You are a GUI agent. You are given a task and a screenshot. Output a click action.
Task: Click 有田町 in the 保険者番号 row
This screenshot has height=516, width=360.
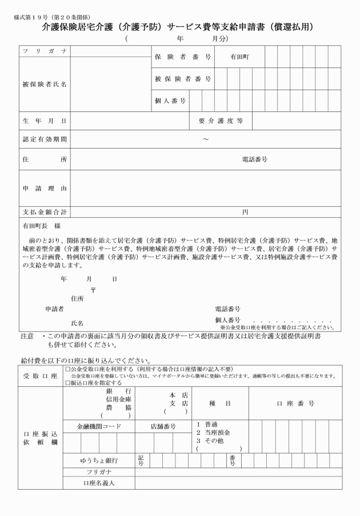(x=239, y=57)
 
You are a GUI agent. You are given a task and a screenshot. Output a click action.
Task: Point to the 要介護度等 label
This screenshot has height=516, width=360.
(x=221, y=121)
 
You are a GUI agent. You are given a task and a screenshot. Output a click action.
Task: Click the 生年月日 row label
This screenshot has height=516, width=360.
(x=44, y=121)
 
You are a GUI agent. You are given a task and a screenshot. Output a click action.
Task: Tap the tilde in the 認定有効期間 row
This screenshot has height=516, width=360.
(x=205, y=139)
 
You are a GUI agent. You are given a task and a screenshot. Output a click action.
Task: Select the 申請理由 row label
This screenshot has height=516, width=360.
(x=44, y=188)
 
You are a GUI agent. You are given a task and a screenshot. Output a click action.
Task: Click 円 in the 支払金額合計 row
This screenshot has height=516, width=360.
(x=245, y=212)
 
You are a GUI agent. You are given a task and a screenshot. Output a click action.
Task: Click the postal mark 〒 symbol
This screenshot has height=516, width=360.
(x=93, y=290)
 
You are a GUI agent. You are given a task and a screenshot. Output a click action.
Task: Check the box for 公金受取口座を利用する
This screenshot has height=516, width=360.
(x=68, y=370)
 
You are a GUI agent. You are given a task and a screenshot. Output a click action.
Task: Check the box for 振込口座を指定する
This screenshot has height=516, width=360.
(x=68, y=383)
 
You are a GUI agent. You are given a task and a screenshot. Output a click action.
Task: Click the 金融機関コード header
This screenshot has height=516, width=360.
(x=99, y=426)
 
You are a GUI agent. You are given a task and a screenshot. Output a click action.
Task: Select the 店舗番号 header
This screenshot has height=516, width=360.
(x=163, y=426)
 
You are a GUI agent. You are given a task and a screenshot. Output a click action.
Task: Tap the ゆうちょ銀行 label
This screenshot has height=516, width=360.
(x=99, y=460)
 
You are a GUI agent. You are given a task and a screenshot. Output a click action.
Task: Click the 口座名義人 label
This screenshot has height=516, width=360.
(x=99, y=483)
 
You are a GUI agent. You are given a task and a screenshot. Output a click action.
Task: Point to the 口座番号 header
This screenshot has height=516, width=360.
(x=295, y=403)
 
